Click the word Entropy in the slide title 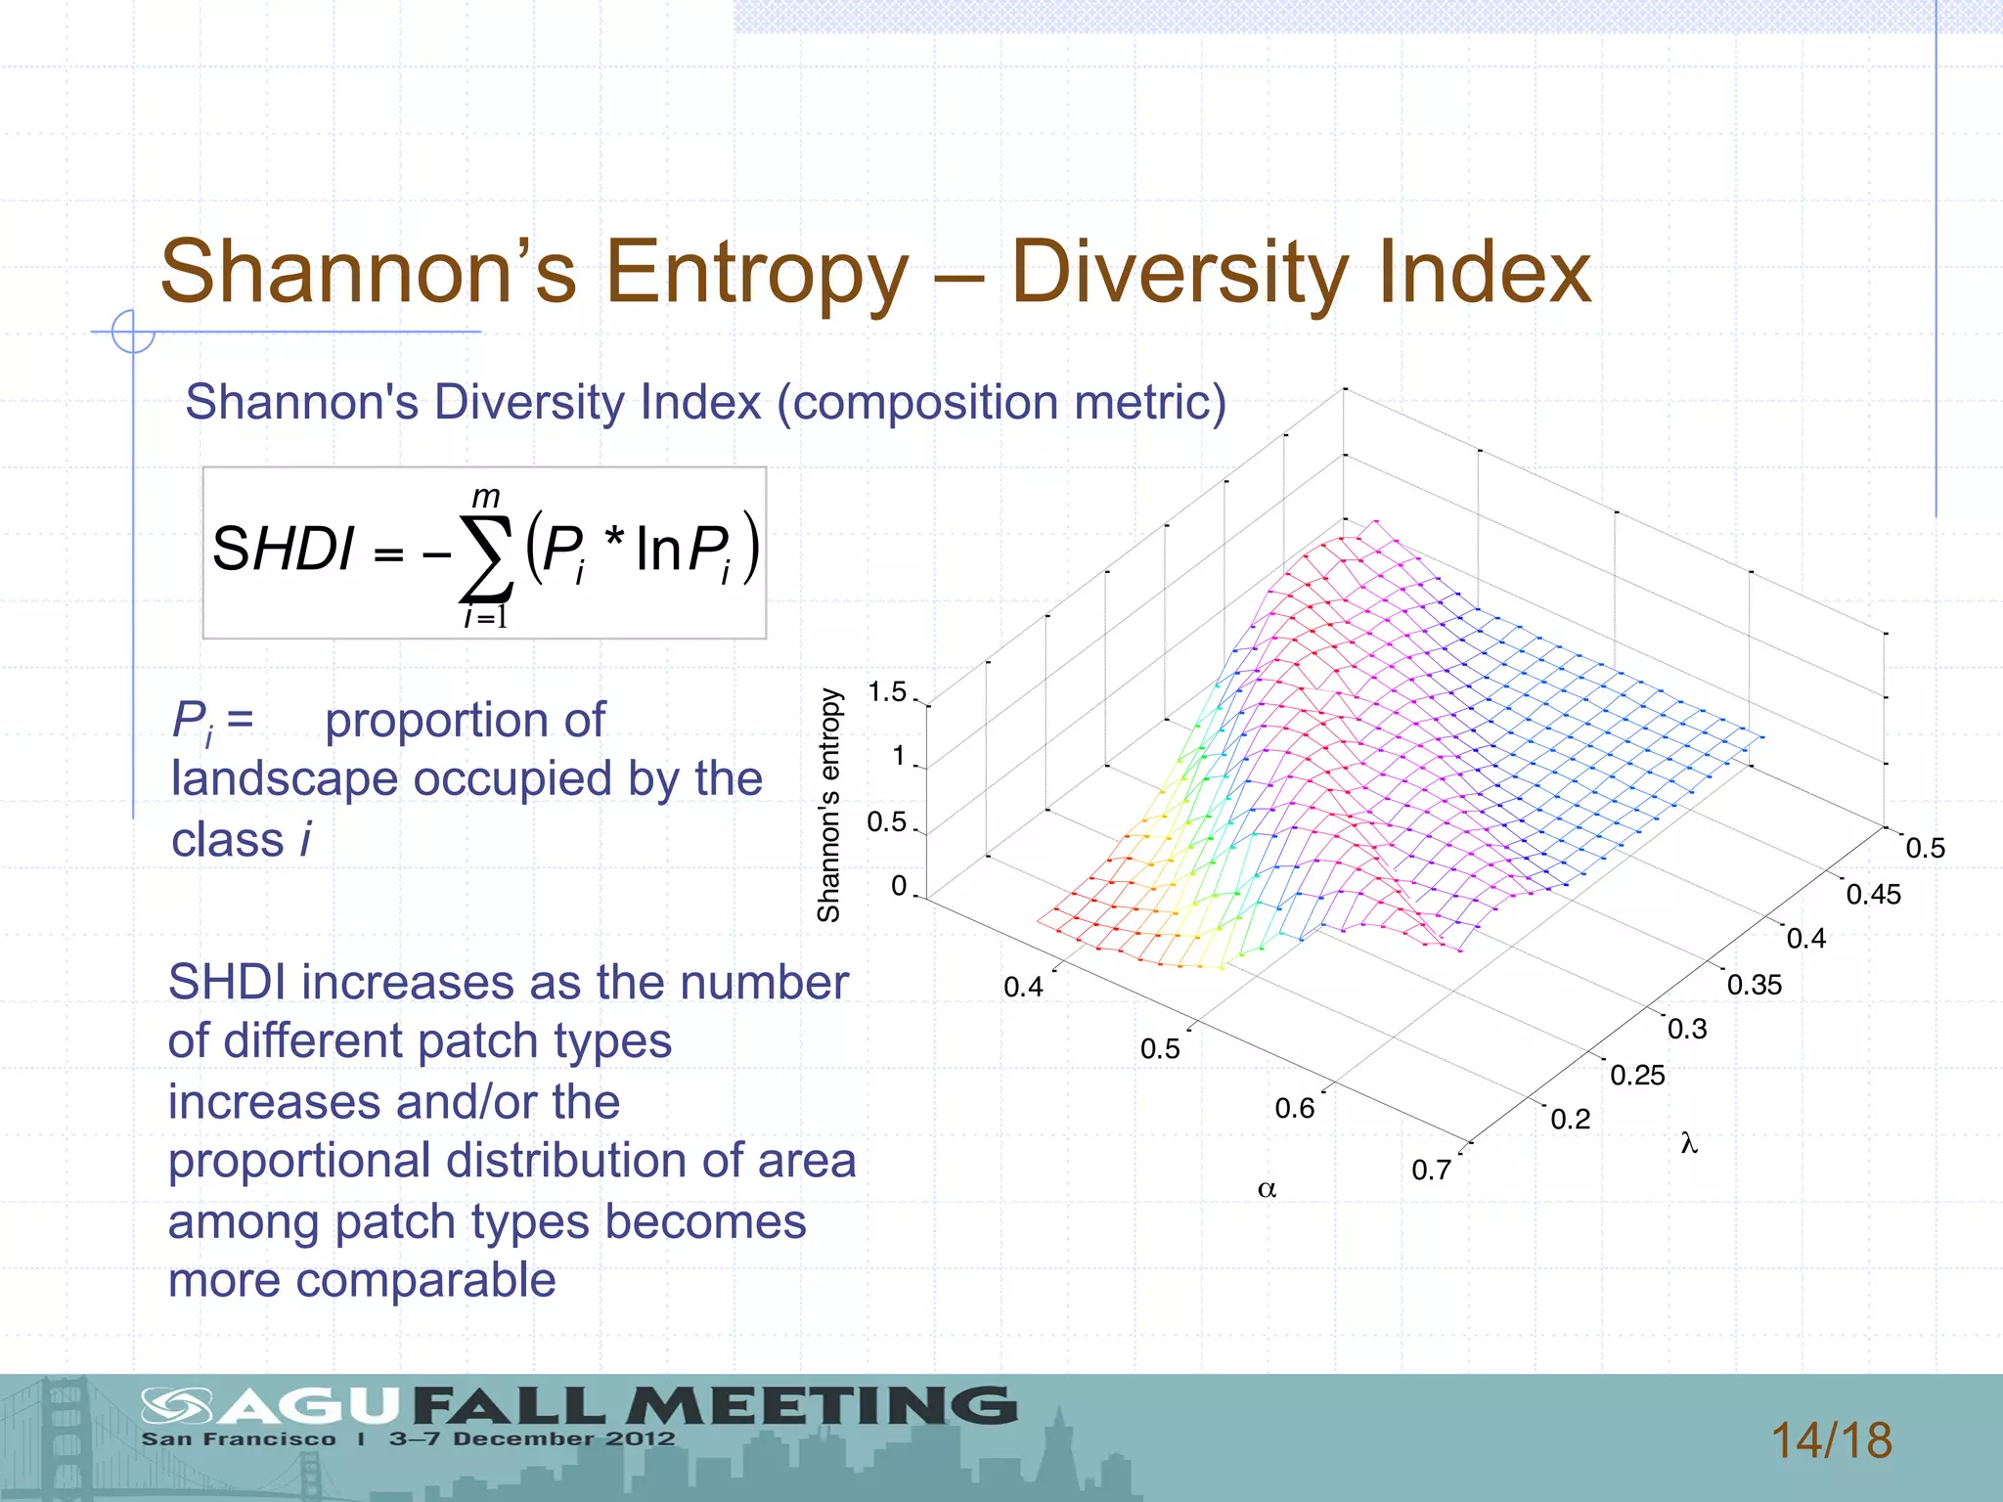757,274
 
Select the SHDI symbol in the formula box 283,549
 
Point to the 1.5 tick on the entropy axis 887,692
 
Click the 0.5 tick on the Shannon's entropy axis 887,821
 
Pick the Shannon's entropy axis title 829,805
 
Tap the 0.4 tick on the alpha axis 1023,987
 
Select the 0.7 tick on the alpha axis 1431,1170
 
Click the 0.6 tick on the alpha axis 1295,1108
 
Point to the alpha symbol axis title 1267,1189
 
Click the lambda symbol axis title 1689,1142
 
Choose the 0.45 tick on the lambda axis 1873,894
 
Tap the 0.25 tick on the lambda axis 1637,1075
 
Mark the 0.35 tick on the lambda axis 1755,985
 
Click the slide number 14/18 1831,1440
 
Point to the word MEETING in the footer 822,1406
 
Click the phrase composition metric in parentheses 1001,402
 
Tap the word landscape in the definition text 285,779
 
